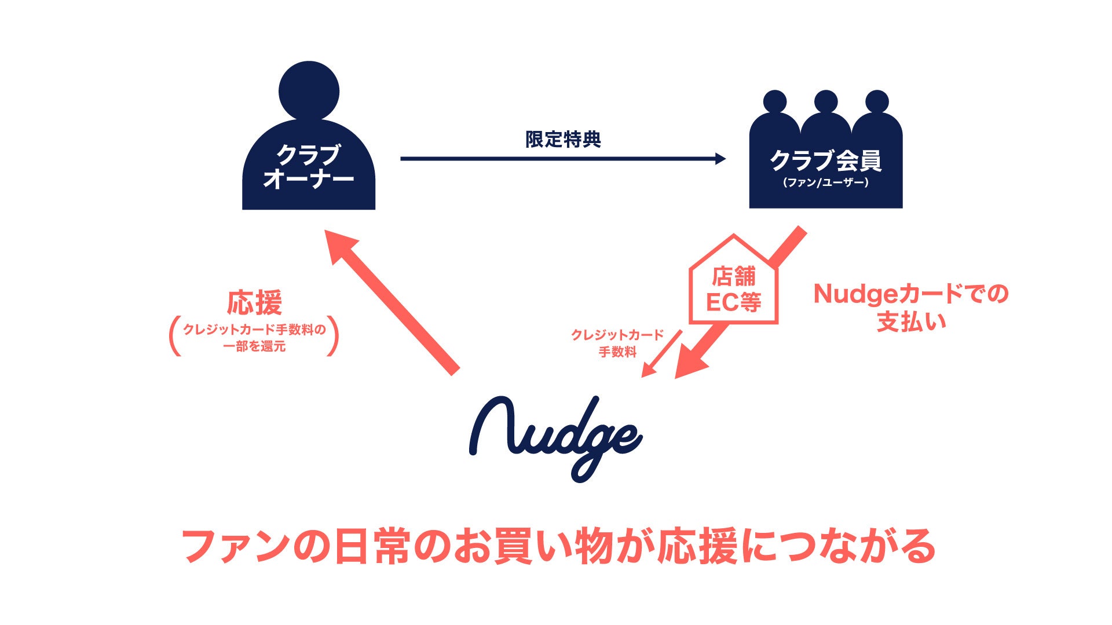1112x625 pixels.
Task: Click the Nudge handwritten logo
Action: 555,437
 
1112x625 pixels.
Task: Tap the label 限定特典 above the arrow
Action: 563,140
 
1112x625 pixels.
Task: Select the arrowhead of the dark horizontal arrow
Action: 720,159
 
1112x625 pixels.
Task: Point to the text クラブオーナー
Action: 308,167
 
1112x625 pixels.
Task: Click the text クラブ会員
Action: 825,160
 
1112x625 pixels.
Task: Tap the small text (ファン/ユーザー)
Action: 825,183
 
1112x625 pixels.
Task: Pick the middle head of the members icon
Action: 825,102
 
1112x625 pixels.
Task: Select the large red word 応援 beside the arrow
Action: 254,302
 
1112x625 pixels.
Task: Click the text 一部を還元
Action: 254,347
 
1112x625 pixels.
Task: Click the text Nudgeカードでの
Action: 911,294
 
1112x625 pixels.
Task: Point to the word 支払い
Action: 911,322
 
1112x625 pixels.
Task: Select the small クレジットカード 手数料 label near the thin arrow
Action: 617,343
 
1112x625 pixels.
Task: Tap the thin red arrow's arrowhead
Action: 648,371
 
